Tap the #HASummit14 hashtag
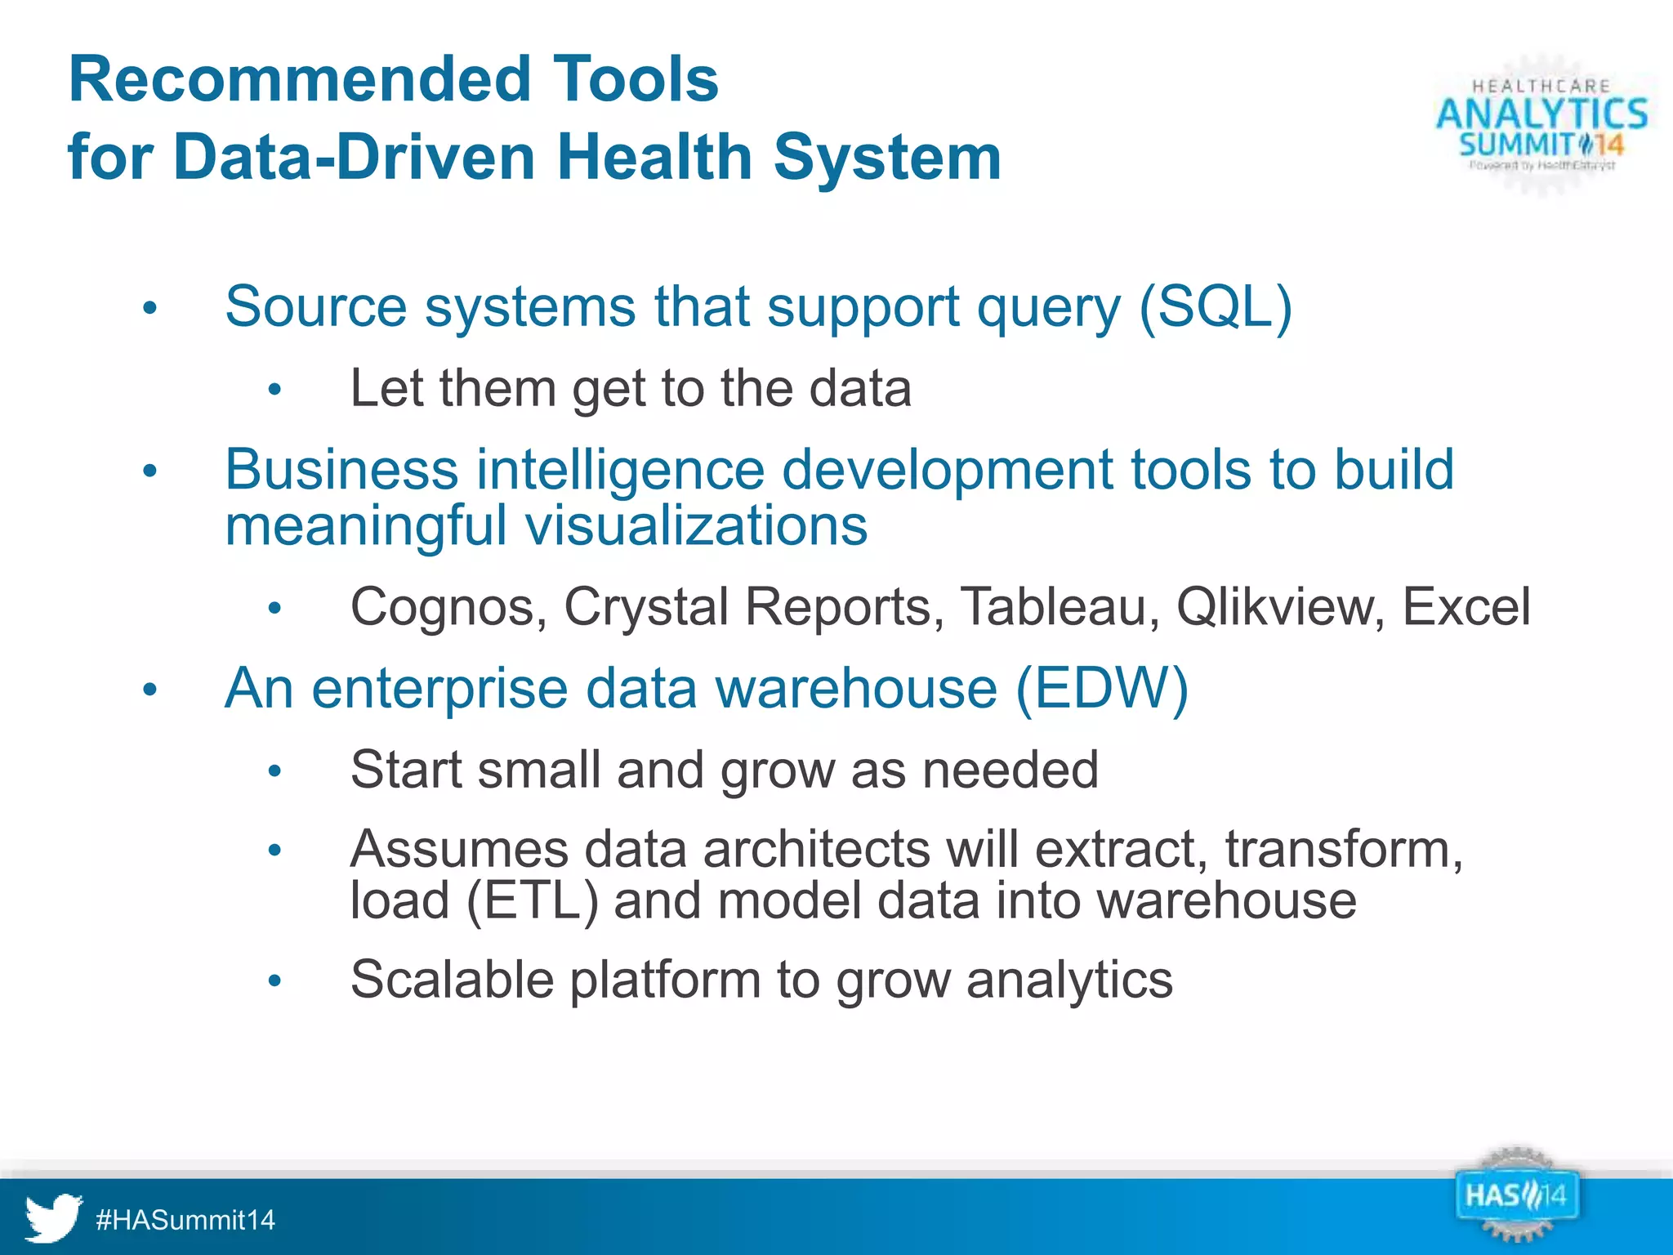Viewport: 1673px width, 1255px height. [x=185, y=1220]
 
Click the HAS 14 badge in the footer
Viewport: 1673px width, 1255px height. [x=1515, y=1197]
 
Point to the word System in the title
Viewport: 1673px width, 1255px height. [x=887, y=157]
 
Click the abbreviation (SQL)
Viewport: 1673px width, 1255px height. [x=1215, y=306]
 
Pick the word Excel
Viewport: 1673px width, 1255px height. [x=1466, y=607]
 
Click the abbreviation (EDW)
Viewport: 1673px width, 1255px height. [x=1102, y=688]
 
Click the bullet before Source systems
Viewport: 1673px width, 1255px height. [x=149, y=309]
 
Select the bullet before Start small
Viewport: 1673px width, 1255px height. [x=274, y=771]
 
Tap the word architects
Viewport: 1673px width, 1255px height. [x=816, y=849]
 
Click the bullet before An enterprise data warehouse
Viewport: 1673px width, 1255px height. [x=149, y=690]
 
